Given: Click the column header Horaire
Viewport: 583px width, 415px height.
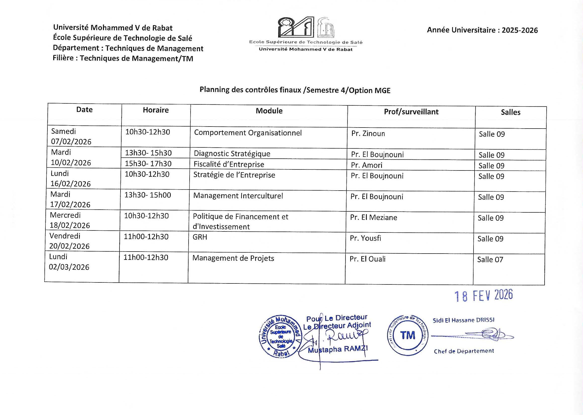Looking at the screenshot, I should tap(156, 110).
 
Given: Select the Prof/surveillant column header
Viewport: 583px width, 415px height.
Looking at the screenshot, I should tap(411, 112).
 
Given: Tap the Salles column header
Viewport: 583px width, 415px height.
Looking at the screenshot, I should tap(510, 112).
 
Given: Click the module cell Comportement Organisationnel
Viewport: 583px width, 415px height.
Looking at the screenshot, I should tap(248, 133).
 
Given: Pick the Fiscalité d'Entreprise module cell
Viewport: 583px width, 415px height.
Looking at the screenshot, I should tap(229, 164).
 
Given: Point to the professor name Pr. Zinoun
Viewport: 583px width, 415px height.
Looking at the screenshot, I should tap(368, 134).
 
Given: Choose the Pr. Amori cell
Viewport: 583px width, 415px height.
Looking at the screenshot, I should tap(367, 165).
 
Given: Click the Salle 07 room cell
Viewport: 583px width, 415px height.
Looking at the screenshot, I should tap(490, 260).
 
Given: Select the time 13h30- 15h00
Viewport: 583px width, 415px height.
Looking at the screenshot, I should tap(147, 195).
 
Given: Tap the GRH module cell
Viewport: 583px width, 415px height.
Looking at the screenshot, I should tap(200, 237).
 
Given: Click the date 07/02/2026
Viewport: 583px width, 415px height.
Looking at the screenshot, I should tap(71, 142).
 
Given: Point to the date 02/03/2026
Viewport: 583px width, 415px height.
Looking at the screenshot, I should tap(69, 267).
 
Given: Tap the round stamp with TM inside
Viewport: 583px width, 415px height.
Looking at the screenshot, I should tap(407, 335).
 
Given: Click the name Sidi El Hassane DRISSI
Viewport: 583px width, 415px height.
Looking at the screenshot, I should tap(463, 320).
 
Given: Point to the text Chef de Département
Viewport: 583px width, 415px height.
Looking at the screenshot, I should tap(464, 351).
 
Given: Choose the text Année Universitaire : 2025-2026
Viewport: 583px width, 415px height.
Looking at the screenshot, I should tap(482, 30).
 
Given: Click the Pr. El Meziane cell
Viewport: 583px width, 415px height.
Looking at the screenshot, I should tap(373, 217).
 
